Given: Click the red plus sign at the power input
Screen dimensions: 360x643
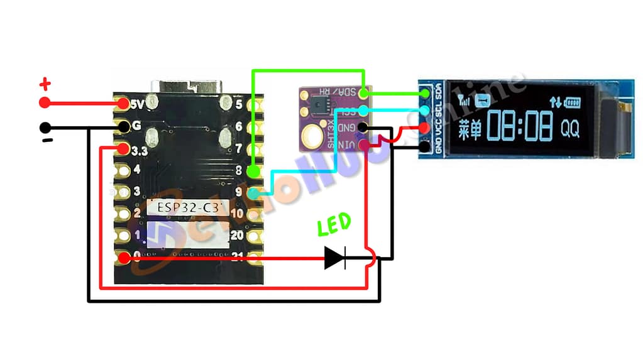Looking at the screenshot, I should [x=45, y=84].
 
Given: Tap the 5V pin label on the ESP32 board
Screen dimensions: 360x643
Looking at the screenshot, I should [x=138, y=102].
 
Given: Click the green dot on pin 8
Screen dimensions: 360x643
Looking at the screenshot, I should [x=253, y=171].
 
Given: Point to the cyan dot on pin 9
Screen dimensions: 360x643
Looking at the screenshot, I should [x=253, y=194].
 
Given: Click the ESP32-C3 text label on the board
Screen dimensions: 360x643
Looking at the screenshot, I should [x=185, y=207].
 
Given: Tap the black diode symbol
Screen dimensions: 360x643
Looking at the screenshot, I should [x=335, y=258].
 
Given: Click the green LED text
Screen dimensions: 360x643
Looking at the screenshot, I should [x=334, y=225].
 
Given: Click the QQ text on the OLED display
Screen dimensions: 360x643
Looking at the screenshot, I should [x=569, y=129].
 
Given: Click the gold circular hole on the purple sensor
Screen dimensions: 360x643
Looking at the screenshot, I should [x=312, y=134].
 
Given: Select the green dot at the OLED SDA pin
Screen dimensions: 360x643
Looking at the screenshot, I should [x=426, y=95].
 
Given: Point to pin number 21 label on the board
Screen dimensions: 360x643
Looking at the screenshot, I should [x=237, y=256].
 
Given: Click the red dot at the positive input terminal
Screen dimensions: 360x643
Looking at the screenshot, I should [x=45, y=102].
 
